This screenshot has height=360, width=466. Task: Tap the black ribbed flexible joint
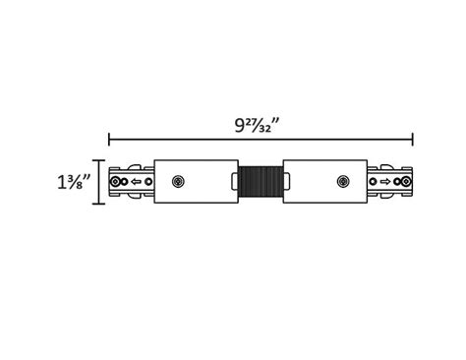tap(261, 182)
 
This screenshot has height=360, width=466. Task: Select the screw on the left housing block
tap(178, 182)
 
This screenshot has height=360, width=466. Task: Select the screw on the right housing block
tap(342, 182)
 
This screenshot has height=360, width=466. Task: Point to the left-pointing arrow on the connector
tap(136, 182)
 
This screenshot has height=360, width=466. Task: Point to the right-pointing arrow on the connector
tap(385, 182)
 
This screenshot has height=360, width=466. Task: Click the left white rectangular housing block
tap(196, 182)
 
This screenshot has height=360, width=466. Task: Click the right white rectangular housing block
tap(325, 182)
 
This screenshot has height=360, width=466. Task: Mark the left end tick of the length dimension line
tap(109, 140)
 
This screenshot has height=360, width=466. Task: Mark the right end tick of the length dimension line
tap(413, 140)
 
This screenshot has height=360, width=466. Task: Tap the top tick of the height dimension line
tap(98, 159)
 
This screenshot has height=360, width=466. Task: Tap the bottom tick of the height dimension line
tap(98, 205)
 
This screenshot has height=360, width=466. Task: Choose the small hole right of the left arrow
tap(147, 182)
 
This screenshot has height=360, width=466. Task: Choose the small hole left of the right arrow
tap(374, 182)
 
